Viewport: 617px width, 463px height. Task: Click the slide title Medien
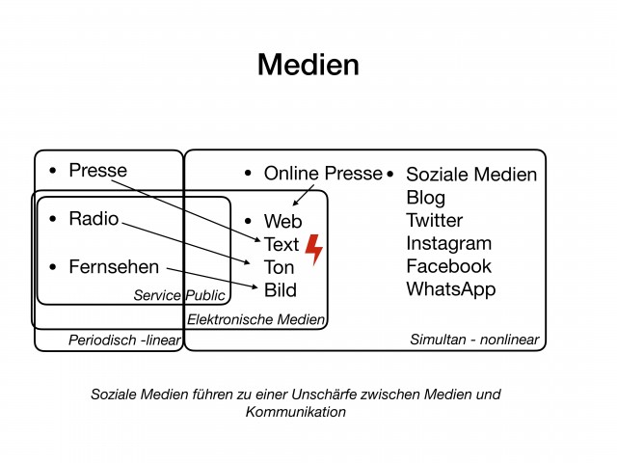pos(308,65)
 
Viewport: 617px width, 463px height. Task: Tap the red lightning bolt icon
pos(314,249)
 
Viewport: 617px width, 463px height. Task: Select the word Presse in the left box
pos(98,171)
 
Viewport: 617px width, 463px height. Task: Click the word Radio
pos(94,219)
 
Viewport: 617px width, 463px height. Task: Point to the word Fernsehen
pos(114,267)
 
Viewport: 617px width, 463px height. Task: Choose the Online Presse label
pos(323,174)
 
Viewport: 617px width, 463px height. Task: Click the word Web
pos(282,221)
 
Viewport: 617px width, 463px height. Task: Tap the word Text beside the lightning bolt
pos(282,244)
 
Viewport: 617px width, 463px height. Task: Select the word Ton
pos(279,268)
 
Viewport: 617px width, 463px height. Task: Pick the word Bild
pos(281,290)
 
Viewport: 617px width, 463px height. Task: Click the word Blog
pos(426,198)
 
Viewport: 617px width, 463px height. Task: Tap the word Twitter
pos(435,221)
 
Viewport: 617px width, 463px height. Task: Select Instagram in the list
pos(449,244)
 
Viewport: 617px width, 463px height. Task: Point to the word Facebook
pos(449,266)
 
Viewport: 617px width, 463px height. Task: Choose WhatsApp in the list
pos(451,289)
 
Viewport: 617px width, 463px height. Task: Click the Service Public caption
pos(179,295)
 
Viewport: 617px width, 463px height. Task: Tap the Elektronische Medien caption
pos(255,319)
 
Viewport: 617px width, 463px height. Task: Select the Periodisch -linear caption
pos(124,340)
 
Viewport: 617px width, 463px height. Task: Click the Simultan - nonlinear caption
pos(474,340)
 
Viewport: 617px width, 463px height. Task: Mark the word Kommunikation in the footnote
pos(296,412)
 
